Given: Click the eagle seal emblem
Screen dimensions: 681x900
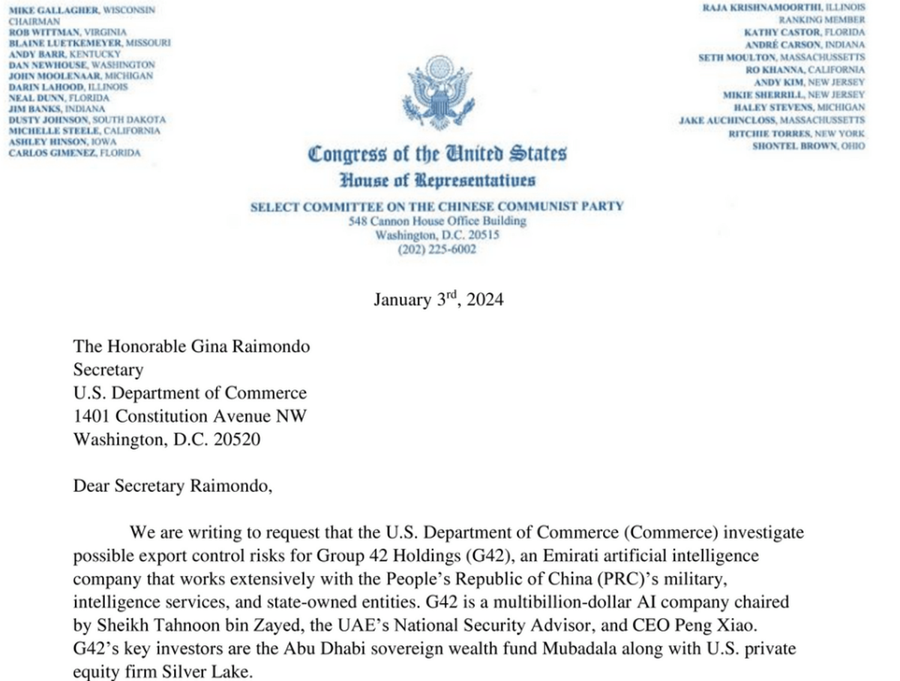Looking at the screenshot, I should tap(437, 96).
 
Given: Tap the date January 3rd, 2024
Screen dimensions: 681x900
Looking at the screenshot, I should tap(439, 300).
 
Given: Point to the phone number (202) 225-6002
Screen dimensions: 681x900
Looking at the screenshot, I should tap(437, 250).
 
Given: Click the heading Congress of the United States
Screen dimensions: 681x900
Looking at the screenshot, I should tap(437, 154).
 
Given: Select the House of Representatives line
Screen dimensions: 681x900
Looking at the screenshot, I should tap(437, 180).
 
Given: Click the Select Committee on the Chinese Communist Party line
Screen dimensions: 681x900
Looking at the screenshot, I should tap(437, 206).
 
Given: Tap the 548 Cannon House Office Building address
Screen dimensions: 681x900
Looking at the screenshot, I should tap(437, 221).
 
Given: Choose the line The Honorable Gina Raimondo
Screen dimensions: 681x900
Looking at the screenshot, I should tap(191, 346).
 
